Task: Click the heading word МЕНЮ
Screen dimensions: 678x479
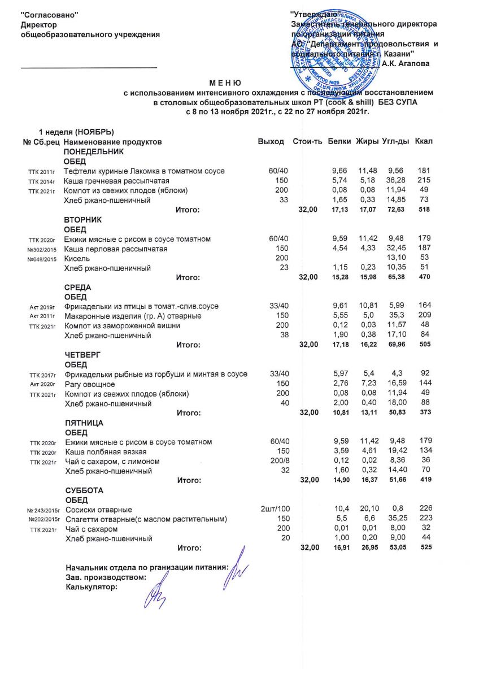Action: (225, 83)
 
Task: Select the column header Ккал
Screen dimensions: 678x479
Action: (424, 141)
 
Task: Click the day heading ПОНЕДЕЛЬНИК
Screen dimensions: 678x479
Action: (93, 151)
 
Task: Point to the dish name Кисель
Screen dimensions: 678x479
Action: (76, 258)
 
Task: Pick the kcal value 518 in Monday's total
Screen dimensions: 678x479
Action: (426, 210)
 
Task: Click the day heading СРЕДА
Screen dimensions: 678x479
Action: (78, 287)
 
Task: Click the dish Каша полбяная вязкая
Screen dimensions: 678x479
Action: (106, 451)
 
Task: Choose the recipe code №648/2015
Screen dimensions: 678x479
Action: (40, 259)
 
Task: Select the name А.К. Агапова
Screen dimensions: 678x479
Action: (406, 63)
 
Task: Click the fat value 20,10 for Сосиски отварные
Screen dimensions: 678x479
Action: (369, 510)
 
